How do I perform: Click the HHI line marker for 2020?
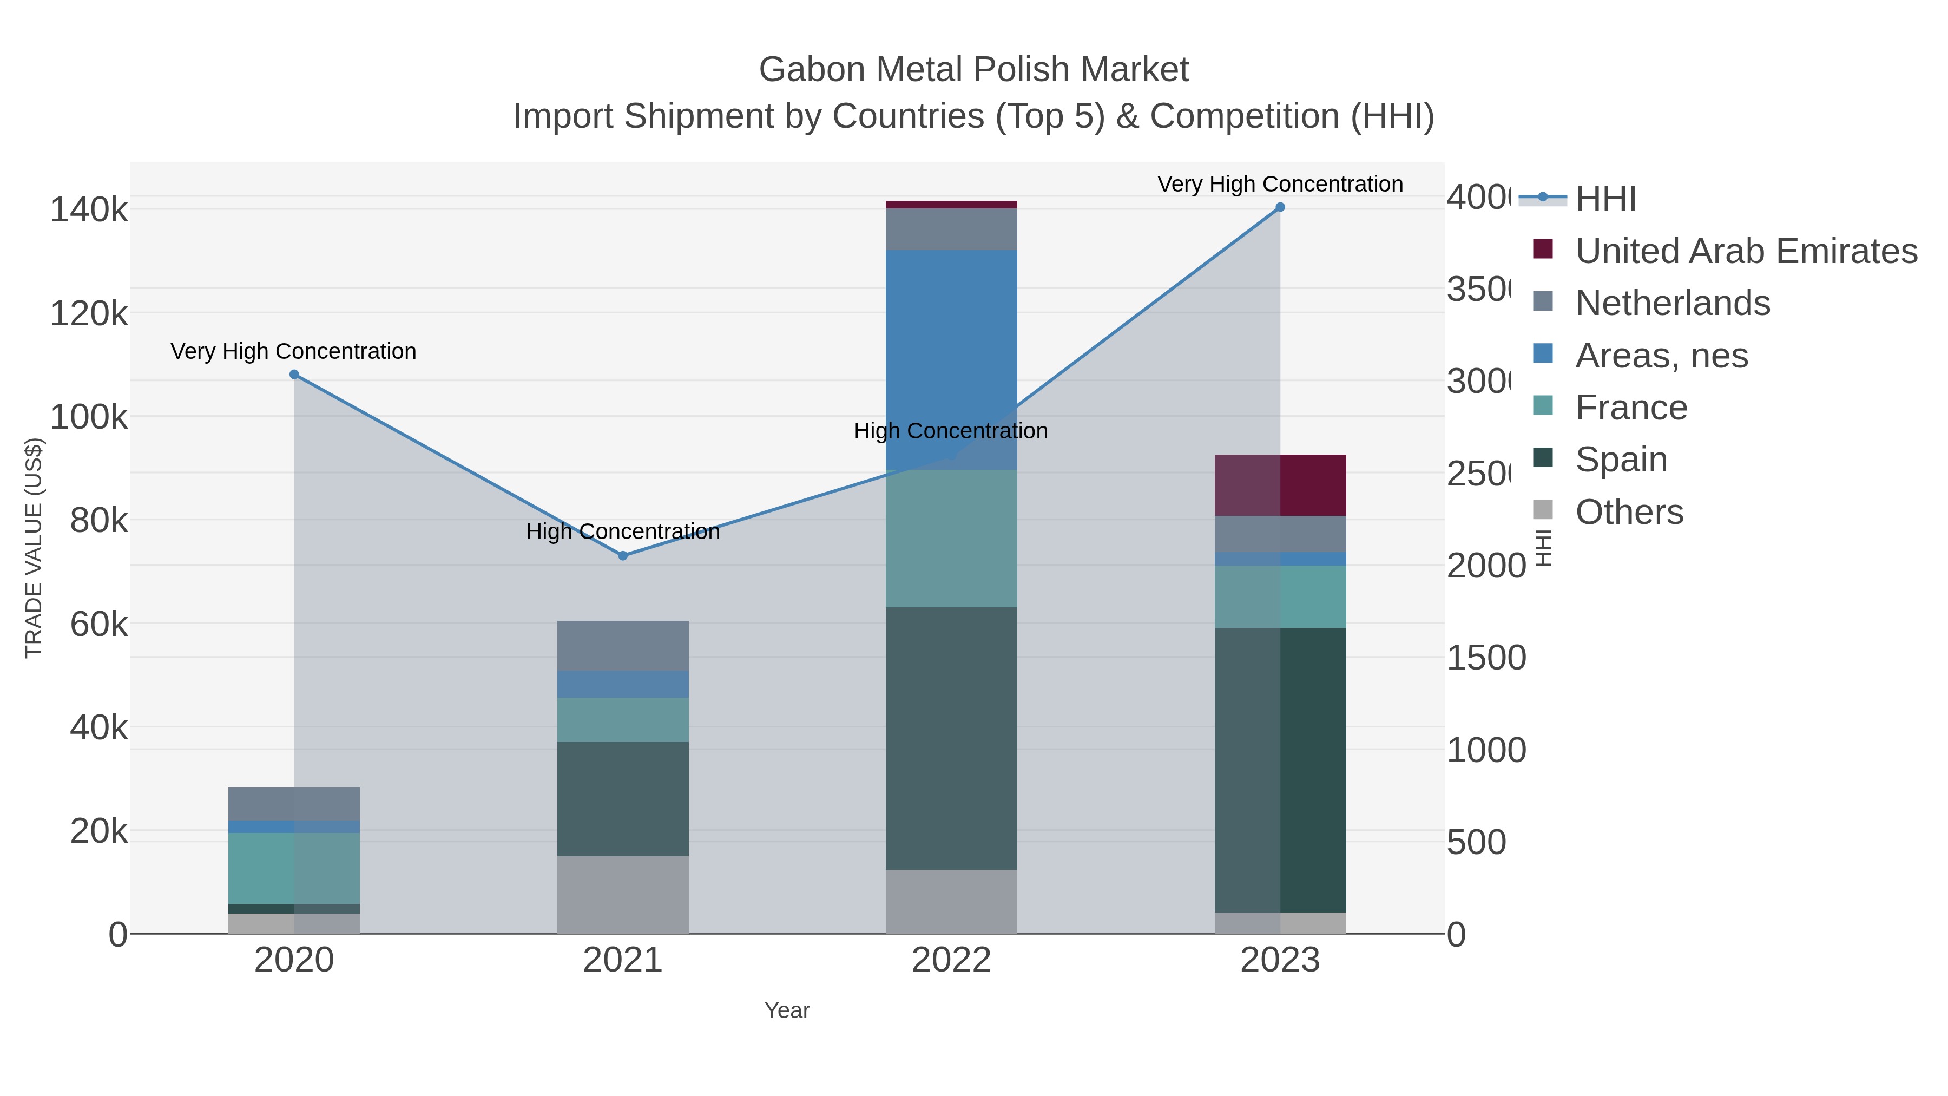pyautogui.click(x=294, y=375)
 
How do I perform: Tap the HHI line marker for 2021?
pyautogui.click(x=623, y=556)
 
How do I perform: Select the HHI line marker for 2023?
pyautogui.click(x=1280, y=207)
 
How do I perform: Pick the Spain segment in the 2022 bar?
pyautogui.click(x=951, y=738)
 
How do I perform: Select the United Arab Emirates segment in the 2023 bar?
pyautogui.click(x=1280, y=485)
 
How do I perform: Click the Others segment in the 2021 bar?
pyautogui.click(x=623, y=895)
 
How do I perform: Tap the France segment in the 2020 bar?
pyautogui.click(x=294, y=868)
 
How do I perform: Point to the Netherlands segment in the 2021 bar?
pyautogui.click(x=623, y=645)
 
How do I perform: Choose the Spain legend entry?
pyautogui.click(x=1621, y=459)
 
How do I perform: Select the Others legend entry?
pyautogui.click(x=1629, y=512)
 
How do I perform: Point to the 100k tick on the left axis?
pyautogui.click(x=89, y=417)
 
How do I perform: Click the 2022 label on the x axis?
pyautogui.click(x=951, y=961)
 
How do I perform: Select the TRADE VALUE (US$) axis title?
pyautogui.click(x=34, y=548)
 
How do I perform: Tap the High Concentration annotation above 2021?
pyautogui.click(x=623, y=531)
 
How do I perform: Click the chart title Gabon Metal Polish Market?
pyautogui.click(x=973, y=70)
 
